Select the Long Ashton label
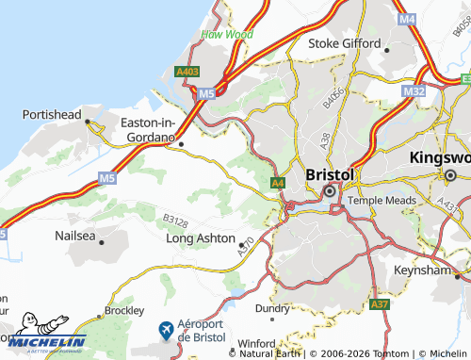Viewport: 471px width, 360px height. pos(200,238)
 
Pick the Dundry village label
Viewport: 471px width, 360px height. pos(273,307)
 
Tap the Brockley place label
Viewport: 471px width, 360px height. pos(124,309)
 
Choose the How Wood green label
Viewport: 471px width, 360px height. pos(227,35)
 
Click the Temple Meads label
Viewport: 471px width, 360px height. pos(381,201)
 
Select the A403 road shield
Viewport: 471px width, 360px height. pos(187,71)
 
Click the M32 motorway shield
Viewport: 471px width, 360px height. pos(413,90)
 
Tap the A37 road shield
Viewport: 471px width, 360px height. pos(380,305)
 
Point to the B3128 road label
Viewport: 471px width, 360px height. pos(175,219)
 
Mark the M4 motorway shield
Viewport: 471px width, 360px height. pos(407,19)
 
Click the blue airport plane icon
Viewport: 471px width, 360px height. pos(167,330)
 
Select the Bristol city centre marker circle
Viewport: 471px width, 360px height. pos(330,191)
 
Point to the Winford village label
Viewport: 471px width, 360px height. pos(255,343)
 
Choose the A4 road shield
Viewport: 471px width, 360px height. pos(277,183)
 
